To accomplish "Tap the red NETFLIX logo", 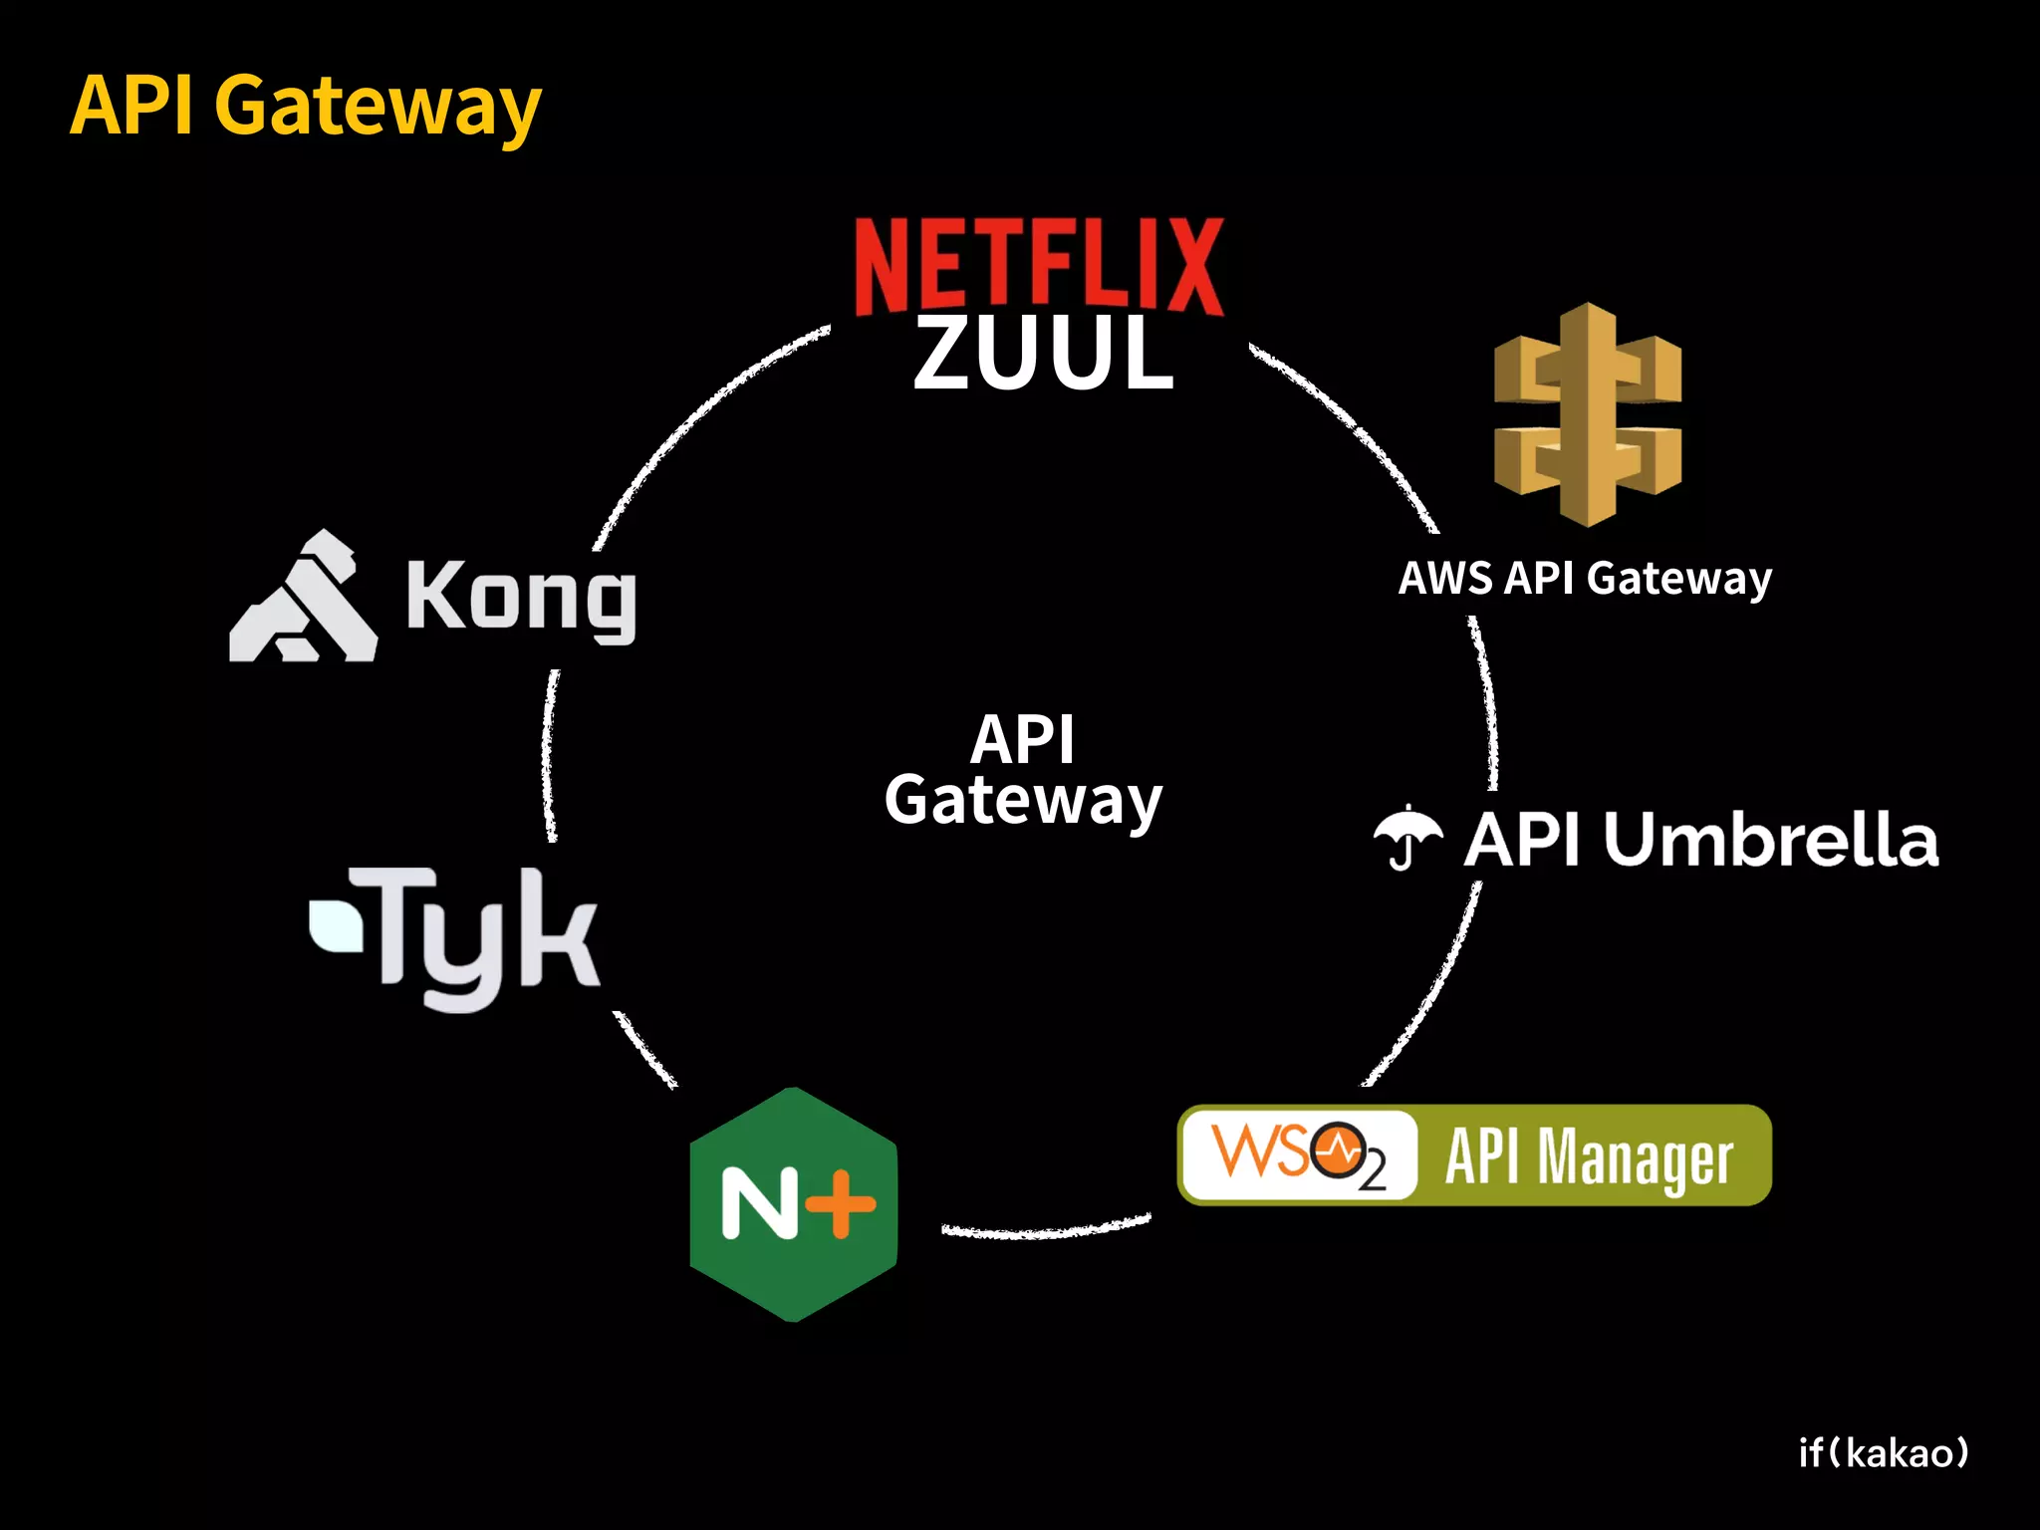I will click(x=1039, y=267).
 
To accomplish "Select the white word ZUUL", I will click(x=1043, y=354).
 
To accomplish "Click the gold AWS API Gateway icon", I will click(x=1588, y=414).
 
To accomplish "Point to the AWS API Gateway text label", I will click(x=1585, y=579).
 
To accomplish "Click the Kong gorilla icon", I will click(x=304, y=599).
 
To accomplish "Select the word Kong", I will click(x=520, y=599).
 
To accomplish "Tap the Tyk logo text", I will click(x=486, y=936).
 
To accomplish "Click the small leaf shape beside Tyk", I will click(x=336, y=925).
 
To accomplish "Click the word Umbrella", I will click(x=1771, y=839).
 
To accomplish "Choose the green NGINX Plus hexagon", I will click(x=794, y=1204).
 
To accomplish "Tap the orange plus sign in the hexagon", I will click(x=840, y=1203).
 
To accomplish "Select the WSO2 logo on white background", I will click(x=1298, y=1155).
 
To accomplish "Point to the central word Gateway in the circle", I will click(x=1023, y=801).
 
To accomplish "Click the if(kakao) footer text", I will click(x=1884, y=1453).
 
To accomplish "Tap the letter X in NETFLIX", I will click(x=1194, y=267).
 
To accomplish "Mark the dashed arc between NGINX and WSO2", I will click(x=1046, y=1231).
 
